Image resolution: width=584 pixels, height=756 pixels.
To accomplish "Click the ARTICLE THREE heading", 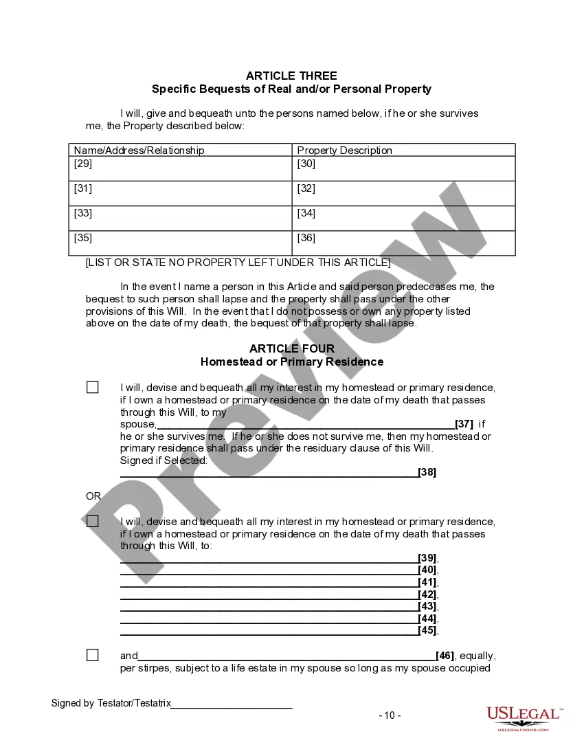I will pyautogui.click(x=291, y=76).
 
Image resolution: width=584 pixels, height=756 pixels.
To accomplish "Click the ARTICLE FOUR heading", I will pyautogui.click(x=291, y=349).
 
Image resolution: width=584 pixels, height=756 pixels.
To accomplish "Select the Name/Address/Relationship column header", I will pyautogui.click(x=139, y=151).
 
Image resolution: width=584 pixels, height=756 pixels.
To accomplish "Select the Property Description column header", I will pyautogui.click(x=344, y=151).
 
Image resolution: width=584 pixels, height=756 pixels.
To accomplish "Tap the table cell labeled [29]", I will pyautogui.click(x=181, y=168).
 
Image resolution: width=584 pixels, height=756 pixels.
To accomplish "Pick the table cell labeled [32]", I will pyautogui.click(x=403, y=193).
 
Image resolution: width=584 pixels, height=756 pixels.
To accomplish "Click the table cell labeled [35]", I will pyautogui.click(x=181, y=243).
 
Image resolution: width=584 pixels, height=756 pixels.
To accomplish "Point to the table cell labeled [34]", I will pyautogui.click(x=403, y=218).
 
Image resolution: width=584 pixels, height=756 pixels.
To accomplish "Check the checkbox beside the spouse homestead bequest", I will pyautogui.click(x=93, y=388).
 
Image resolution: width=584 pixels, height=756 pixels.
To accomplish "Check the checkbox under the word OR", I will pyautogui.click(x=93, y=522).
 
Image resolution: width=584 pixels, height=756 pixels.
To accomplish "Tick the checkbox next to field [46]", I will pyautogui.click(x=93, y=656).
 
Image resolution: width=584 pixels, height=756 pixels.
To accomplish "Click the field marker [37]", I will pyautogui.click(x=464, y=424).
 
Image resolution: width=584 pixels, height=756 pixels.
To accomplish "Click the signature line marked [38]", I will pyautogui.click(x=269, y=472).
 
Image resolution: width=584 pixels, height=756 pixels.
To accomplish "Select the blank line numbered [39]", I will pyautogui.click(x=269, y=558).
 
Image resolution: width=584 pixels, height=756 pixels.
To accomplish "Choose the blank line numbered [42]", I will pyautogui.click(x=269, y=594).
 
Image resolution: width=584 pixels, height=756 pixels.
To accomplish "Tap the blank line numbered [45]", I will pyautogui.click(x=269, y=630).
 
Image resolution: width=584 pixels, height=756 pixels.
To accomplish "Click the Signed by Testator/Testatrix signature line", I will pyautogui.click(x=232, y=704).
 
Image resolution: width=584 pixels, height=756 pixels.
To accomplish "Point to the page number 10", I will pyautogui.click(x=390, y=715).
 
